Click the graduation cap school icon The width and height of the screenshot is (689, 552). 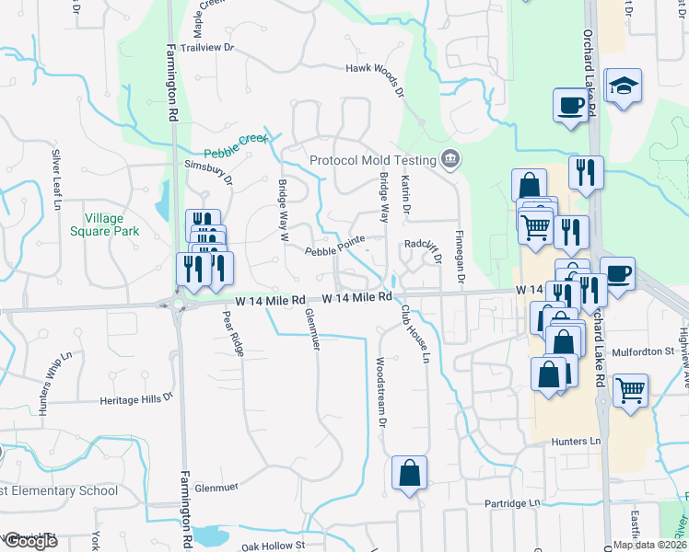pos(625,86)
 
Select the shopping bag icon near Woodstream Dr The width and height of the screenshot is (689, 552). pos(409,473)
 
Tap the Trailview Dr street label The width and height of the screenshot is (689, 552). pos(208,46)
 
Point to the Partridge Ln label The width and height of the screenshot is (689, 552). pos(513,504)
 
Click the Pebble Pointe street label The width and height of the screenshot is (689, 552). pos(335,249)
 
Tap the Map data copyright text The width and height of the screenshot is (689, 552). pos(649,545)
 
